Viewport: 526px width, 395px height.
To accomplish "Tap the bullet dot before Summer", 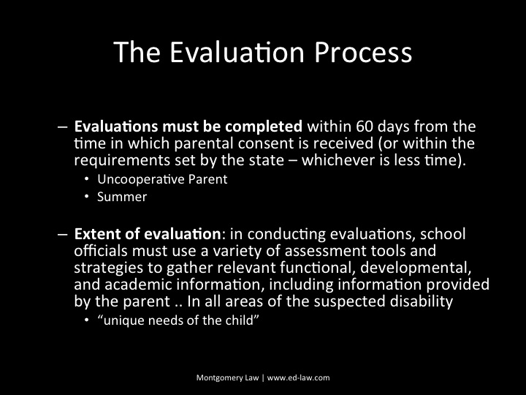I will pyautogui.click(x=88, y=197).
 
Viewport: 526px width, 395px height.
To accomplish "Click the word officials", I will pyautogui.click(x=101, y=250).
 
